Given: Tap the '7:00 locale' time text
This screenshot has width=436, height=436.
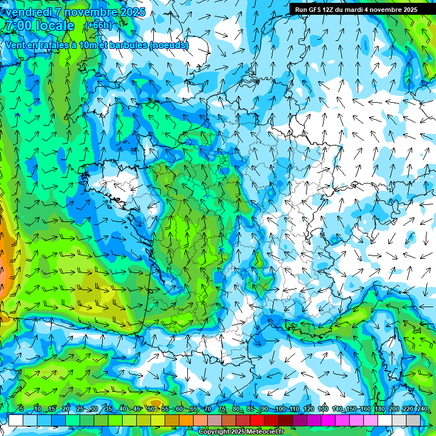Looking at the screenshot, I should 39,26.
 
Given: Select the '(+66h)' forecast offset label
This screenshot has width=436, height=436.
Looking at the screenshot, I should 98,26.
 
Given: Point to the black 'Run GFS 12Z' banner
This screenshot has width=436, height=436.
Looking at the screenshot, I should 355,10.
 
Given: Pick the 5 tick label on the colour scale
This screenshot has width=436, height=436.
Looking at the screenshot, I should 22,409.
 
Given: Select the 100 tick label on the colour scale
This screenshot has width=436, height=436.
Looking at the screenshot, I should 279,409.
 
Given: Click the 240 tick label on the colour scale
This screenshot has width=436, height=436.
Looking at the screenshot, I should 422,409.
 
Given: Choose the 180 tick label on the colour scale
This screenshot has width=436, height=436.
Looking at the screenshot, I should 379,409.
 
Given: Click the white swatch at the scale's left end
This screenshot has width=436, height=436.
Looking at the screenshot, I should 16,420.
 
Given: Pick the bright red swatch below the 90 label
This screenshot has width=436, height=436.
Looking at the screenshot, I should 257,420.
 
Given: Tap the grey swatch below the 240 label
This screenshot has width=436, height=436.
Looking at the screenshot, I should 413,420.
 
